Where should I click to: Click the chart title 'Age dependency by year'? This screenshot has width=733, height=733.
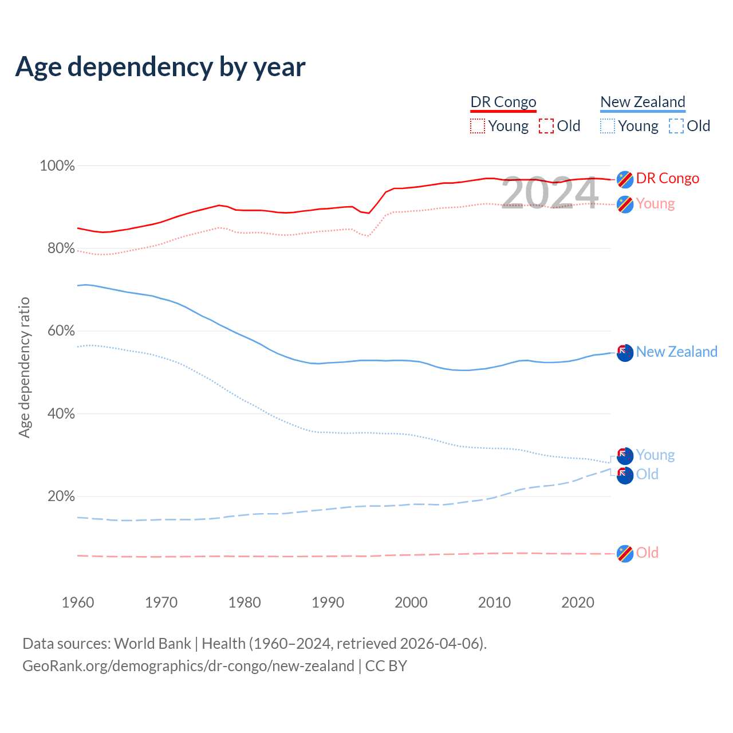(x=160, y=67)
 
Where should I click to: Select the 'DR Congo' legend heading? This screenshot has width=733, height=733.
(x=503, y=102)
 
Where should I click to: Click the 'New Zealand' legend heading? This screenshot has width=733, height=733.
(x=643, y=102)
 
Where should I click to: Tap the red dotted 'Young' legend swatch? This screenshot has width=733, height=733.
(x=477, y=126)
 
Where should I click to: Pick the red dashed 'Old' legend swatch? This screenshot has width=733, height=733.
(x=546, y=126)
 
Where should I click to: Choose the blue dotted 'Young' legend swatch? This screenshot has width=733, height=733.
(x=608, y=126)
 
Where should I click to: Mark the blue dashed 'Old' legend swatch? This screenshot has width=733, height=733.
(x=676, y=126)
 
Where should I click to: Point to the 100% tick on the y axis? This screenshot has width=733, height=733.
(x=57, y=166)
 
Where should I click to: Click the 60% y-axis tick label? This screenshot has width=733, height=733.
(x=61, y=331)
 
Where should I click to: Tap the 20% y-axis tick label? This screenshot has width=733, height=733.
(x=61, y=496)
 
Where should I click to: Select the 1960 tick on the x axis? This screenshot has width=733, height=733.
(x=78, y=602)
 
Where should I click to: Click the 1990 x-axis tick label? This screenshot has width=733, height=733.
(x=328, y=602)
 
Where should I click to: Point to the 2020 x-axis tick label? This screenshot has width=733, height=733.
(x=578, y=602)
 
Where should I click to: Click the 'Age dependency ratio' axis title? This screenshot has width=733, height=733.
(x=24, y=367)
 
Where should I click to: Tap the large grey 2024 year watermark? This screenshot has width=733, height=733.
(x=550, y=193)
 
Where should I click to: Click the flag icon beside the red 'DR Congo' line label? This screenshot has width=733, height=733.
(x=625, y=179)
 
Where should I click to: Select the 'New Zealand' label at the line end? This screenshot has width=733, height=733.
(x=676, y=352)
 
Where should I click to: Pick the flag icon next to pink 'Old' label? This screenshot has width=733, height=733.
(x=625, y=554)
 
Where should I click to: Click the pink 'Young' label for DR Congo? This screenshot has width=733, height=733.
(x=655, y=204)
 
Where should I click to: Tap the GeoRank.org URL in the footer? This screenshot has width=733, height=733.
(x=188, y=666)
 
